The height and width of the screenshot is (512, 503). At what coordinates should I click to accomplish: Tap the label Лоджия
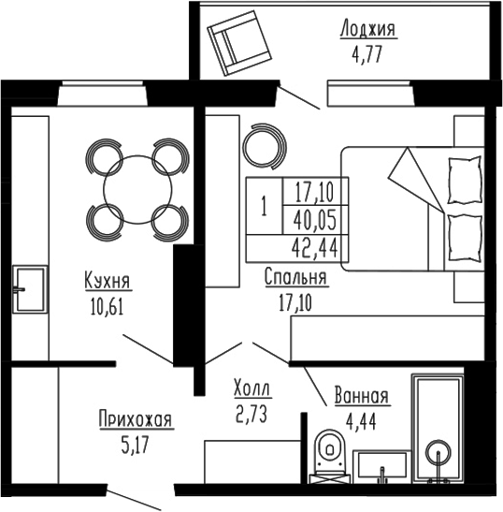367,31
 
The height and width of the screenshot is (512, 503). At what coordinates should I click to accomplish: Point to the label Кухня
106,282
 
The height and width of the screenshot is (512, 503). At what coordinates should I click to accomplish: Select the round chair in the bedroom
263,146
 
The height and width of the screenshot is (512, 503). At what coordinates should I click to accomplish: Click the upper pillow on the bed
463,175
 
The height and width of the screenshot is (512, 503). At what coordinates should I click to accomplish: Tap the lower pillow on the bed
463,230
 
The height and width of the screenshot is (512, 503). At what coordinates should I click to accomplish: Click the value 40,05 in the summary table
314,221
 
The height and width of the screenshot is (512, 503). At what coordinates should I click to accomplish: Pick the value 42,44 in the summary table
314,247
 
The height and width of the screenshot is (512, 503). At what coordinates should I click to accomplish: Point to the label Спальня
295,278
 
